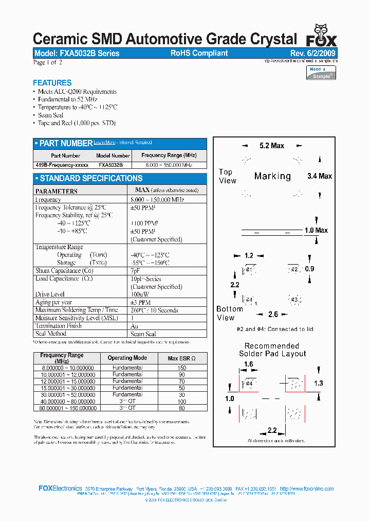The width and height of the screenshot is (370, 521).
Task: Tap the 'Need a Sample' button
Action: pyautogui.click(x=322, y=73)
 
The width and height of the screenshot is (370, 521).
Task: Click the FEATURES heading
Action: pyautogui.click(x=52, y=83)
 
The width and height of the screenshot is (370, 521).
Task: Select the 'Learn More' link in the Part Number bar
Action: pyautogui.click(x=104, y=143)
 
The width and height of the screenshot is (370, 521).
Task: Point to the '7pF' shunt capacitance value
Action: pyautogui.click(x=135, y=270)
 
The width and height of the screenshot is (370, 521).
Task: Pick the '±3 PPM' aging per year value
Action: pyautogui.click(x=140, y=302)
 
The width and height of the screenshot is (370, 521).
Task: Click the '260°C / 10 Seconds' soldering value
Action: pyautogui.click(x=154, y=310)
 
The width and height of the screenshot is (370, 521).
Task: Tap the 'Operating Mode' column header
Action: pyautogui.click(x=127, y=358)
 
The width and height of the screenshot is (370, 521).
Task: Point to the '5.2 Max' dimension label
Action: pyautogui.click(x=272, y=146)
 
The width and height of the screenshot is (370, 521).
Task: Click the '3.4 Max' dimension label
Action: pyautogui.click(x=320, y=176)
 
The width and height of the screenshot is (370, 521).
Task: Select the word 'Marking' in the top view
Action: pyautogui.click(x=272, y=176)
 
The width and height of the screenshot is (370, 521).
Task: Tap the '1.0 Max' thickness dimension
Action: pyautogui.click(x=316, y=230)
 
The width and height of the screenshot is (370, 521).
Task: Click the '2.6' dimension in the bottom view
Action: pyautogui.click(x=273, y=314)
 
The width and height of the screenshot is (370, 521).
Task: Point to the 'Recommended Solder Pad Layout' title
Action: pyautogui.click(x=272, y=350)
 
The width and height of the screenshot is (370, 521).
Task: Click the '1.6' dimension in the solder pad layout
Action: pyautogui.click(x=249, y=364)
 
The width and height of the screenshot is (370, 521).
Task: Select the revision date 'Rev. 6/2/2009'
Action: pyautogui.click(x=313, y=53)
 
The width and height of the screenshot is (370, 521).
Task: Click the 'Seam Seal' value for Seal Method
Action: pyautogui.click(x=144, y=334)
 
